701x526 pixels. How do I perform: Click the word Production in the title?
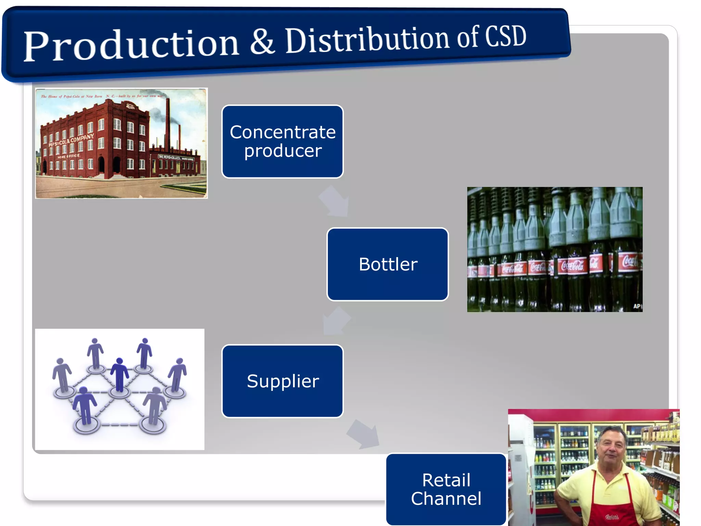pos(131,46)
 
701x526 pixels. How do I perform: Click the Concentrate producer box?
pos(282,141)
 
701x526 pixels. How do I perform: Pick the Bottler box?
pos(387,264)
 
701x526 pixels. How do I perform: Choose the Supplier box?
pos(282,381)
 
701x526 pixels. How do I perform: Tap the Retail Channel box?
pos(446,489)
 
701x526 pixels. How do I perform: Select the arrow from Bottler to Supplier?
pos(335,321)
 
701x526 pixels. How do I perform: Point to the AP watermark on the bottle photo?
pos(637,306)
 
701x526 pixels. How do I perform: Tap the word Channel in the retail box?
pos(446,499)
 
